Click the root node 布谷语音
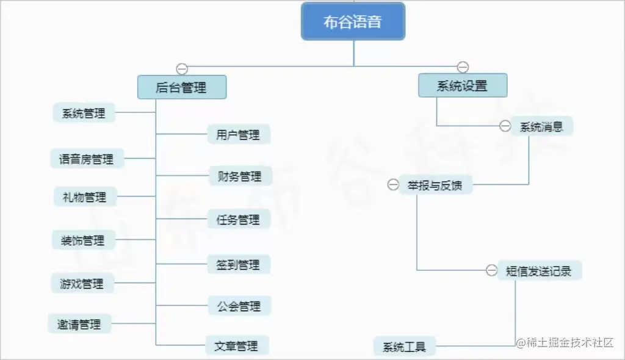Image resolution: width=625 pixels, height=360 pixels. tap(353, 21)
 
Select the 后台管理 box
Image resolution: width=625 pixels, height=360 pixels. tap(182, 87)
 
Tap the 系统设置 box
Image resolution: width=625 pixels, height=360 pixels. tap(463, 85)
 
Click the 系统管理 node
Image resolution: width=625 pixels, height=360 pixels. tap(84, 113)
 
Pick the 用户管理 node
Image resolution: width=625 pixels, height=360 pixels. tap(239, 134)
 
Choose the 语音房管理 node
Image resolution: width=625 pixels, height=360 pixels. tap(87, 159)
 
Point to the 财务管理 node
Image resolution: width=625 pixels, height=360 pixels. tap(240, 176)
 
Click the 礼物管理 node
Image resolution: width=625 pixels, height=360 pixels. tap(85, 196)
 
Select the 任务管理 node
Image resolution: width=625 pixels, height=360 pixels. tap(239, 219)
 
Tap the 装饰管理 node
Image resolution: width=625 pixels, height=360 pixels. tap(83, 240)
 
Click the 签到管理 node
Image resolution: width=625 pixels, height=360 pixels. tap(239, 264)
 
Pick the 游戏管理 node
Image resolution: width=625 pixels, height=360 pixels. tap(82, 283)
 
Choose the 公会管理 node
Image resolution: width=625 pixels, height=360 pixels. tap(239, 306)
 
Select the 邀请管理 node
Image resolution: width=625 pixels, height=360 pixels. tap(79, 324)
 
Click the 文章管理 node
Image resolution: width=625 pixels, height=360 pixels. tap(237, 345)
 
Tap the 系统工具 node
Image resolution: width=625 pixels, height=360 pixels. tap(404, 347)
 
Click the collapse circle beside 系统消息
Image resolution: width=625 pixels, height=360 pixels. tap(505, 126)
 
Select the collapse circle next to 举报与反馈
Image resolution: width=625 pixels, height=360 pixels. tap(393, 185)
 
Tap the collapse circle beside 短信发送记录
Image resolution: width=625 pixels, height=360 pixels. tap(491, 270)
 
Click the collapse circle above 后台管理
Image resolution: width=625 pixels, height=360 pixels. tap(182, 68)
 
